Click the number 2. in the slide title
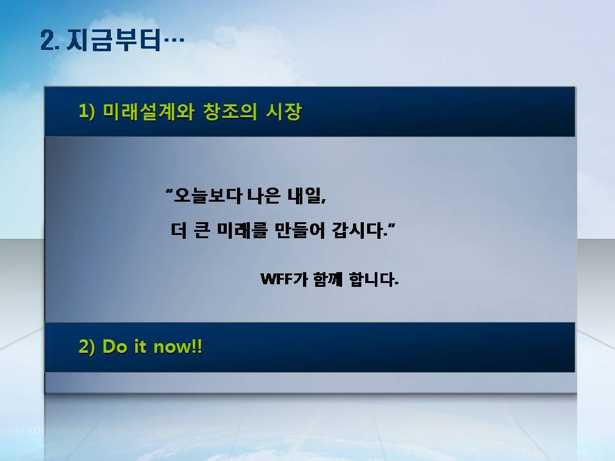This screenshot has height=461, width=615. [x=50, y=40]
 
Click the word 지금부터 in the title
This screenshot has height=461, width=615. [x=114, y=40]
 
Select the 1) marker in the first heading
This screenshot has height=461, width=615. [x=86, y=111]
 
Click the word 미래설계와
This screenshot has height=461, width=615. [x=148, y=111]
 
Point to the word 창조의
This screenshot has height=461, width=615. [x=229, y=111]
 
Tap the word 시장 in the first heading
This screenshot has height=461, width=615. [x=284, y=111]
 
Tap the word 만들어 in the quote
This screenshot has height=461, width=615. [x=299, y=230]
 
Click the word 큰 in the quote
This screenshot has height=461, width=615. [x=202, y=230]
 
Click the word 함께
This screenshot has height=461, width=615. [x=328, y=279]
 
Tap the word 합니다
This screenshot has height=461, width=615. [x=373, y=279]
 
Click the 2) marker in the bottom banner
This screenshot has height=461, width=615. [x=86, y=346]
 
